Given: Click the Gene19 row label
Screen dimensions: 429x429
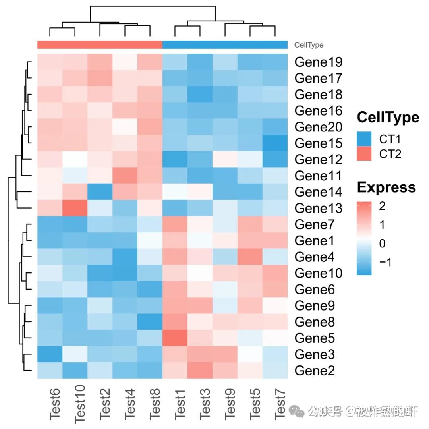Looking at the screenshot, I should tap(319, 62).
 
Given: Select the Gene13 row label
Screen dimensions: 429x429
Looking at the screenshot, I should tap(319, 208).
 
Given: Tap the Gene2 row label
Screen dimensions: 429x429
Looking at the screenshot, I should tap(315, 371).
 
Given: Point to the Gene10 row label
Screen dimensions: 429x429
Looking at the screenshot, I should tap(319, 273).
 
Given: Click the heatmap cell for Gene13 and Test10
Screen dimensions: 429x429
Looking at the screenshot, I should tap(75, 208).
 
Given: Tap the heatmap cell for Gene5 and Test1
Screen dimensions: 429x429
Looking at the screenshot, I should tap(175, 338).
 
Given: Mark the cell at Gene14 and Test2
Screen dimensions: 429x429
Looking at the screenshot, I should tap(100, 191).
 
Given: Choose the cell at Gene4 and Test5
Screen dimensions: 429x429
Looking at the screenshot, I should tap(250, 257).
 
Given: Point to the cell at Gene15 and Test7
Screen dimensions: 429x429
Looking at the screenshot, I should tap(275, 143).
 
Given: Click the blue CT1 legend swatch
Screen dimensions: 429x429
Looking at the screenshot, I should tap(364, 139).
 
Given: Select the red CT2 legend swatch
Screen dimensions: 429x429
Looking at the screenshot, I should tap(364, 154).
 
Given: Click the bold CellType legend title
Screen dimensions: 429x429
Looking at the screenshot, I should tap(388, 118).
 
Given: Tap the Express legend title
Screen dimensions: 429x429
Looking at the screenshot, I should tap(386, 187).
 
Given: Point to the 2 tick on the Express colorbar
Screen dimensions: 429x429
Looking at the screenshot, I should tap(383, 207).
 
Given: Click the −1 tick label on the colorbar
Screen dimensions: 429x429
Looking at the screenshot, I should tap(383, 262).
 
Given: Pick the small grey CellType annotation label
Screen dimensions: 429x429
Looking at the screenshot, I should tap(309, 45).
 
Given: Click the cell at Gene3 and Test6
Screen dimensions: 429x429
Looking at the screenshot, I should tap(50, 354).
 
